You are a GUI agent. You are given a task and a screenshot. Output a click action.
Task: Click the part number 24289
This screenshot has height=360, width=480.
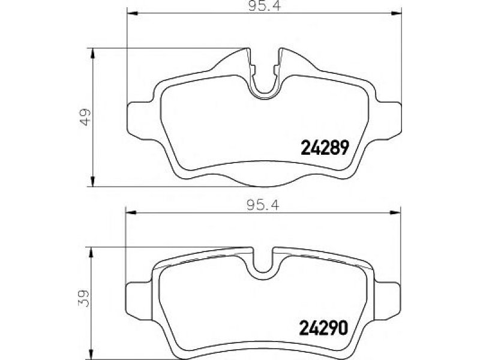click(325, 147)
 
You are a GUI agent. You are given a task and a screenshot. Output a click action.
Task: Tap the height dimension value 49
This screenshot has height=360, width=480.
click(85, 117)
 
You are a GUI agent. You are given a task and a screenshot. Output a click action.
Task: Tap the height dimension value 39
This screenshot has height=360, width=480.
click(84, 298)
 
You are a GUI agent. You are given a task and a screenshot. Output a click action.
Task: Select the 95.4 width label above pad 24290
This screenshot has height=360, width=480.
click(263, 205)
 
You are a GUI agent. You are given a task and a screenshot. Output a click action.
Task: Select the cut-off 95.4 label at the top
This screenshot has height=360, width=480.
click(265, 5)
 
